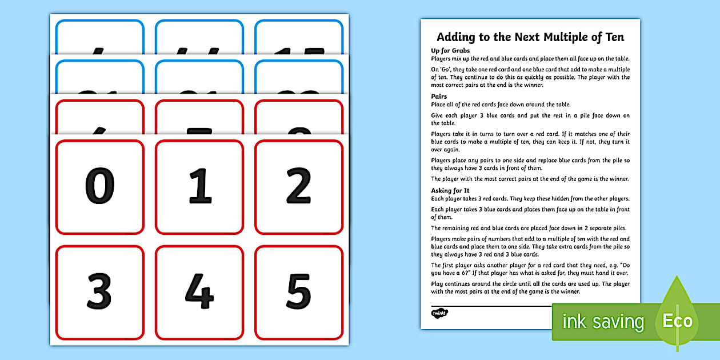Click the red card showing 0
pos(100,187)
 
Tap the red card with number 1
pos(199,187)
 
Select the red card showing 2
pos(299,187)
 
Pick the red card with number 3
pos(100,292)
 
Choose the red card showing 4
pos(199,292)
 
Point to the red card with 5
pos(299,292)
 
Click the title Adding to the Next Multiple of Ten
pos(530,37)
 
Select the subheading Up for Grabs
pos(450,51)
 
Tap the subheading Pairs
pos(439,97)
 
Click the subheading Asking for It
pos(450,190)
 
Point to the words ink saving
pos(603,322)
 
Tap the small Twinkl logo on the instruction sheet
pos(439,313)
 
